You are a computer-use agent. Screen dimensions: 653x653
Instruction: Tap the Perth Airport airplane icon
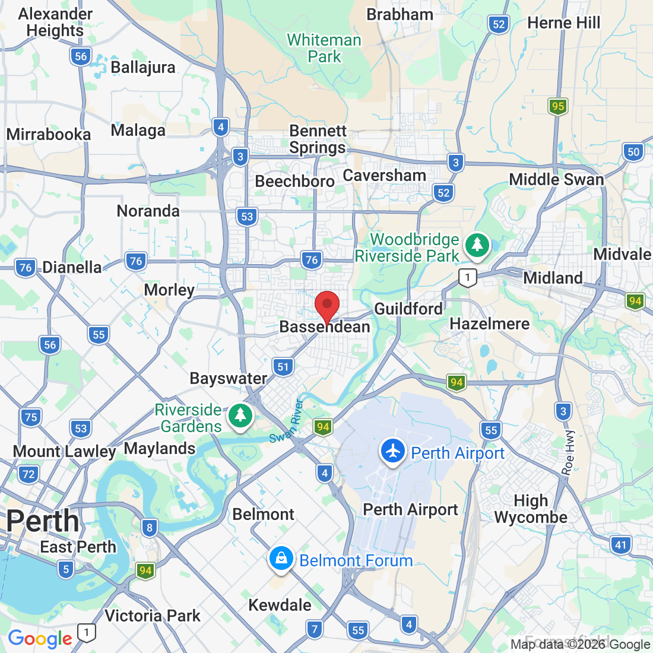coord(392,452)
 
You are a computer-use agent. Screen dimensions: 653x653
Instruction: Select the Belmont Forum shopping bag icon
coord(281,559)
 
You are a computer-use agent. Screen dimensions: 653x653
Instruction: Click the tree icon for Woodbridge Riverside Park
coord(477,245)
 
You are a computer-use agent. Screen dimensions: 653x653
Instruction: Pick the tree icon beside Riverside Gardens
coord(240,416)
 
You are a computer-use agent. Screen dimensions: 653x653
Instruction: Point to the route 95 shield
coord(557,106)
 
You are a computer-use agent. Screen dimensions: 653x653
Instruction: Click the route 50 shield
coord(633,151)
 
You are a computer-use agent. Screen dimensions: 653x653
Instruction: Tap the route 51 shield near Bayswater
coord(283,367)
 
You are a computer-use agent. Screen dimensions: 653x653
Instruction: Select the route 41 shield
coord(620,545)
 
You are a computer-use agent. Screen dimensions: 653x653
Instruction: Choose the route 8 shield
coord(149,527)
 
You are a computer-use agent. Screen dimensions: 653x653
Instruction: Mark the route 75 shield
coord(31,417)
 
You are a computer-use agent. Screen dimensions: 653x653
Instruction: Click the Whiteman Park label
coord(324,49)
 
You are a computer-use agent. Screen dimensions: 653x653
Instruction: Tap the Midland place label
coord(553,278)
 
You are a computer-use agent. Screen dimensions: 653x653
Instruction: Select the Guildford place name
coord(408,309)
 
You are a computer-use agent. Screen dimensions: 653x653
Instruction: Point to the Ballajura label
coord(143,67)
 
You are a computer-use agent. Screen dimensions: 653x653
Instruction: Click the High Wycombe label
coord(531,509)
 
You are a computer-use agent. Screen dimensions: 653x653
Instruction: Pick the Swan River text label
coord(287,423)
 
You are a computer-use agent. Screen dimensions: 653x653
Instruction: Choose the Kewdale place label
coord(280,605)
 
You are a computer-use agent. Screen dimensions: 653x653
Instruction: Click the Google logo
coord(40,639)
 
